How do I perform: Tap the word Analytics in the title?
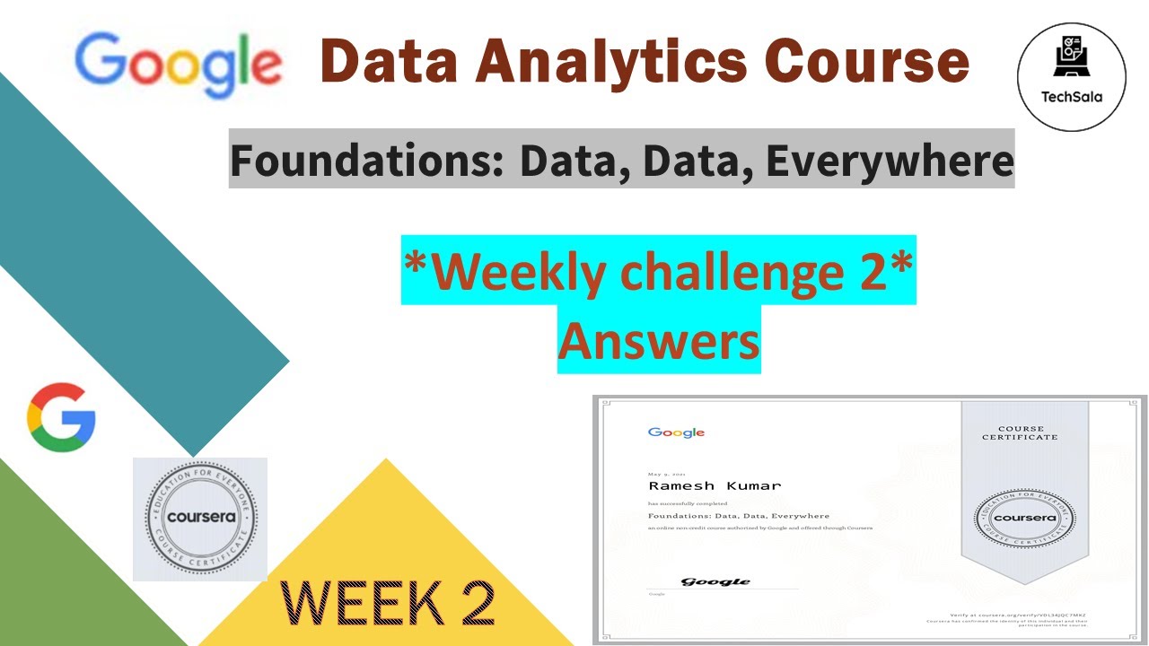pos(611,62)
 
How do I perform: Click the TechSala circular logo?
pos(1072,77)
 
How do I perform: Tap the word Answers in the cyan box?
pos(659,340)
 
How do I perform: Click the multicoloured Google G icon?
pos(61,417)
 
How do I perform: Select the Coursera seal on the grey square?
pos(200,519)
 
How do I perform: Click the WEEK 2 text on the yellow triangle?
pos(388,602)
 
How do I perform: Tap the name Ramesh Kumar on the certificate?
pos(715,485)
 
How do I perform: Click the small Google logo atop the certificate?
pos(676,432)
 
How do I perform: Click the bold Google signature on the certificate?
pos(715,581)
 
